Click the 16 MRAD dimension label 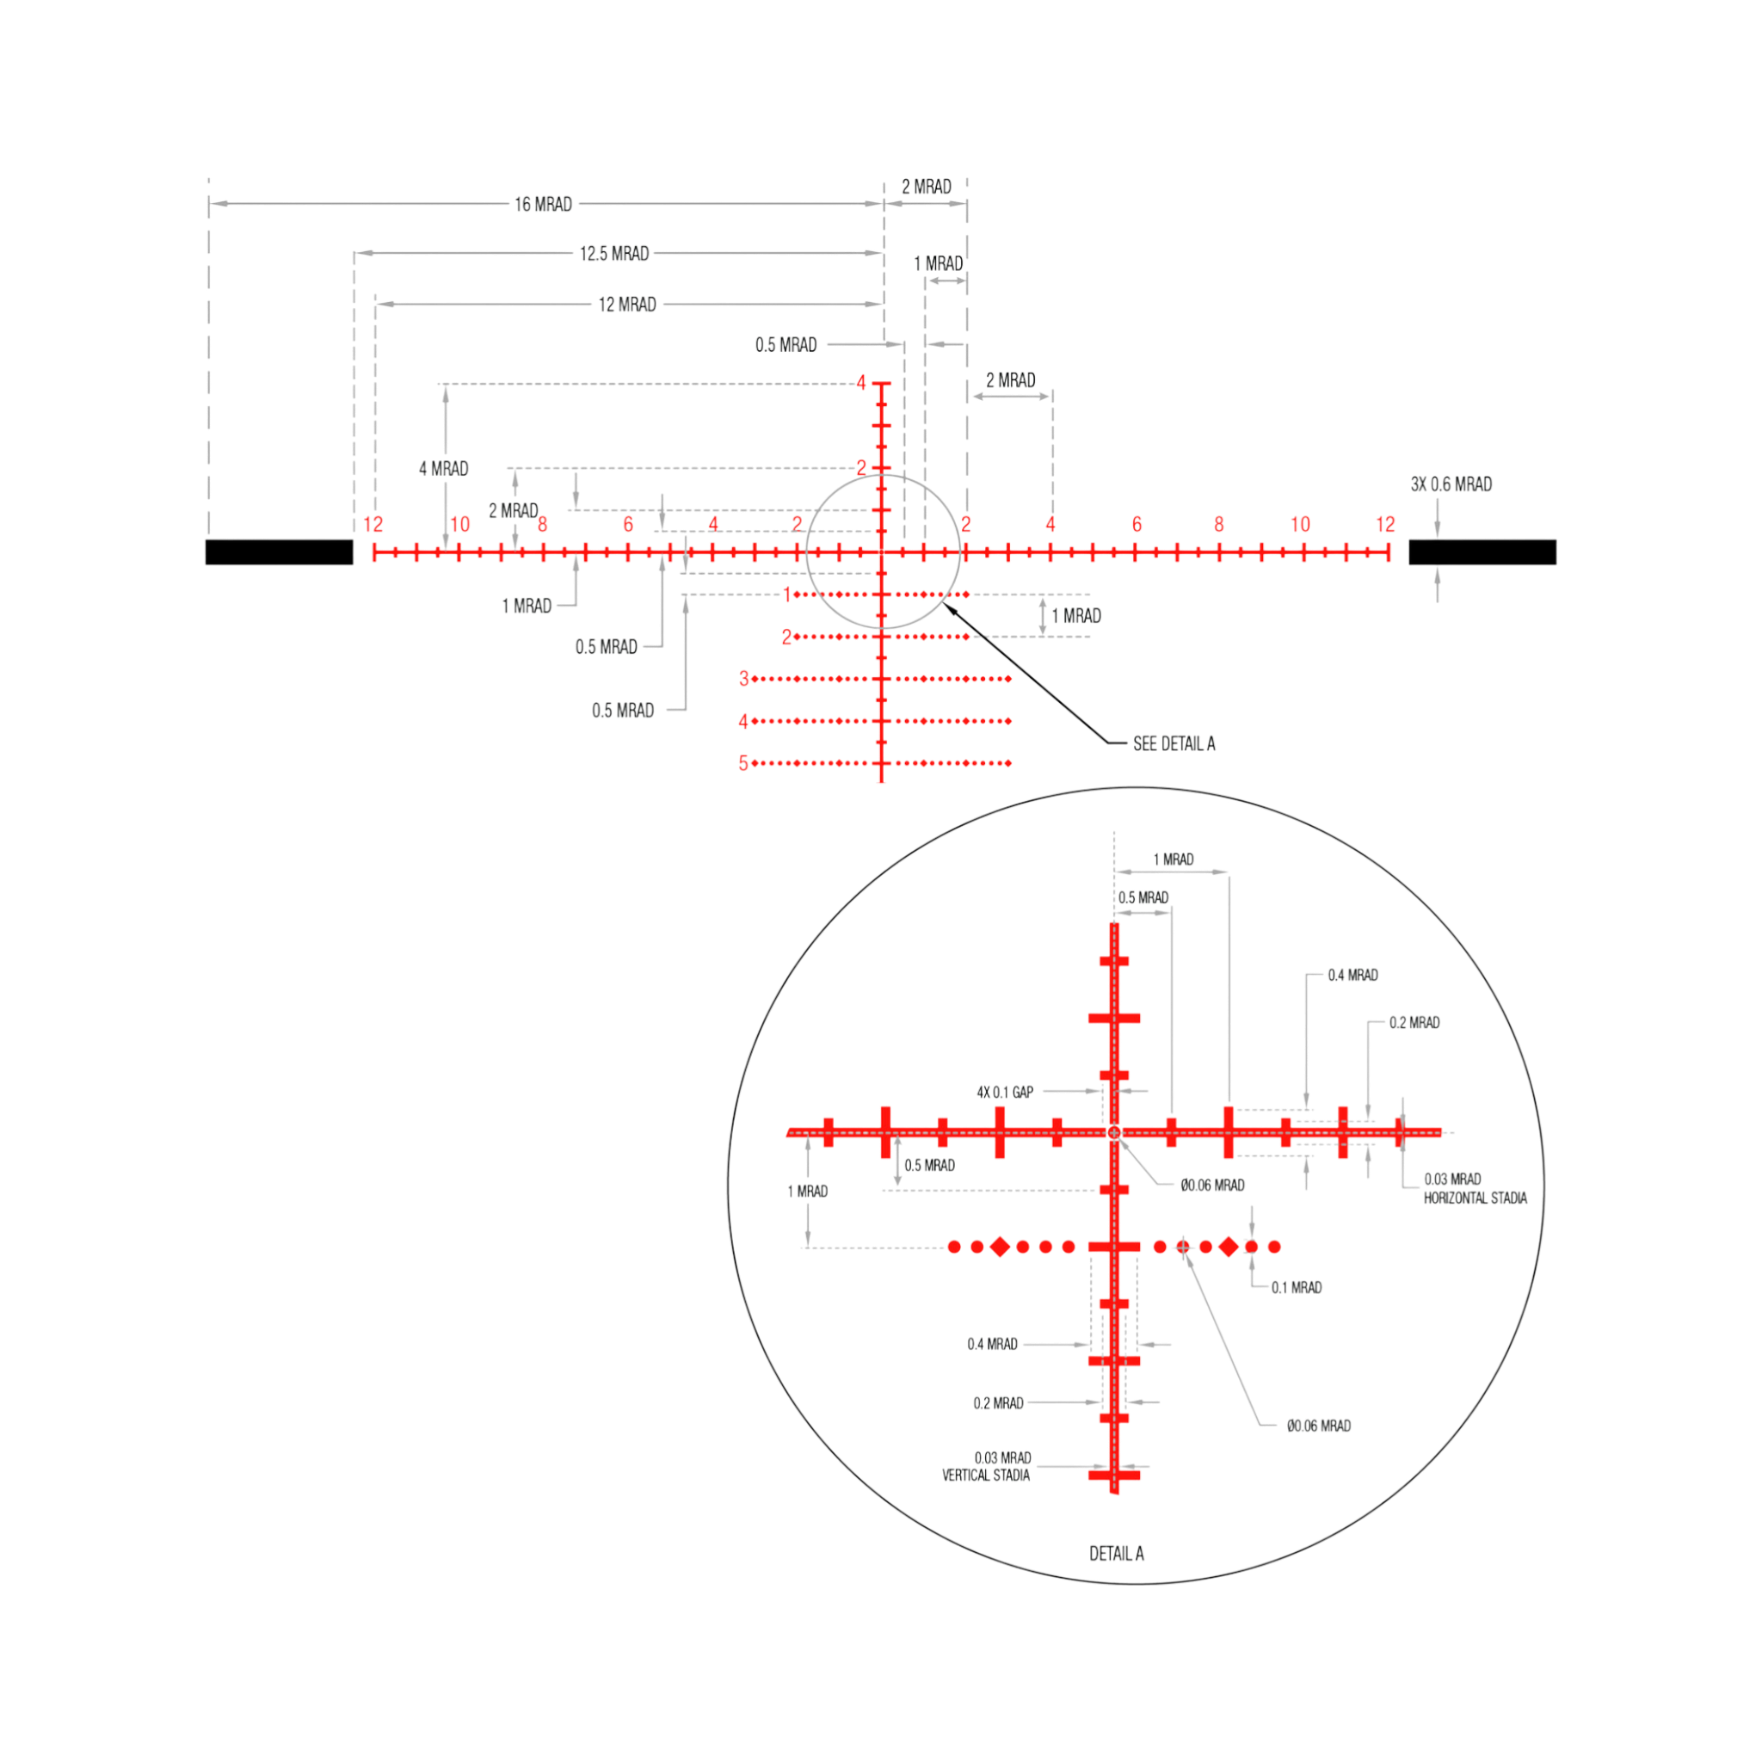(x=543, y=204)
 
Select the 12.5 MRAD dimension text (x=613, y=254)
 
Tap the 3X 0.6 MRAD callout (x=1451, y=484)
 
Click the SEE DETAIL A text (x=1174, y=743)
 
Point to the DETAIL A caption (x=1116, y=1553)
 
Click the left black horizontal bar (x=279, y=551)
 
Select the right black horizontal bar (x=1482, y=551)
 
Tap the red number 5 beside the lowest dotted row (x=743, y=763)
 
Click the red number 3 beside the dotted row (x=744, y=679)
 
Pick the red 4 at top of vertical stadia (x=861, y=383)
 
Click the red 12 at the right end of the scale (x=1385, y=525)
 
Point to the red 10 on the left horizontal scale (x=459, y=525)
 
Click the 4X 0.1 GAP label (x=1005, y=1092)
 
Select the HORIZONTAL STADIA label (x=1475, y=1198)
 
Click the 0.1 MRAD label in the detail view (x=1296, y=1287)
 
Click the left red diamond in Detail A (x=1000, y=1246)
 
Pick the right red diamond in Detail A (x=1229, y=1246)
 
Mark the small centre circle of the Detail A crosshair (x=1113, y=1132)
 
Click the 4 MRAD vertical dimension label (x=443, y=469)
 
